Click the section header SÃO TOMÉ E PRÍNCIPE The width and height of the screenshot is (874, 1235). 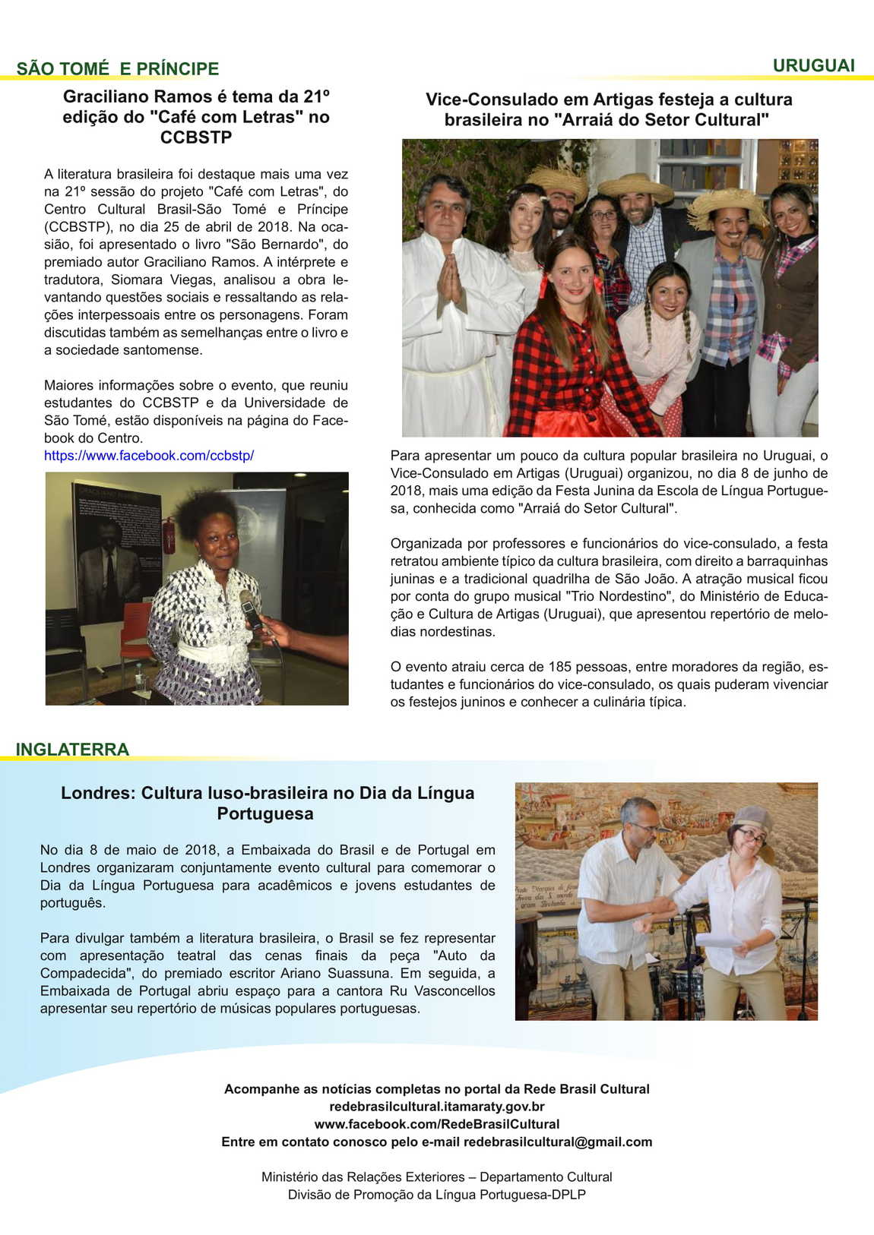(x=118, y=68)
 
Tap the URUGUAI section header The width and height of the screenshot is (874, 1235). (x=813, y=65)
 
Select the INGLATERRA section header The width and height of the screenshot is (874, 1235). (x=72, y=749)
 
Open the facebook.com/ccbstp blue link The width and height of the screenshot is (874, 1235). (x=149, y=456)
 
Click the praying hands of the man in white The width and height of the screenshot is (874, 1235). (x=450, y=280)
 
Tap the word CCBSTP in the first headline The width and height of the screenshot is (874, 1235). (x=196, y=137)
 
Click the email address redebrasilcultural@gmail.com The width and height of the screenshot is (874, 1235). (x=558, y=1142)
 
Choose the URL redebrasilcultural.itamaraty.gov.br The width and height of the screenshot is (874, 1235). (x=437, y=1107)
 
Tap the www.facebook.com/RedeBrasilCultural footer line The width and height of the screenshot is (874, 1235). (x=437, y=1124)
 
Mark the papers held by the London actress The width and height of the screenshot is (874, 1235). (x=718, y=940)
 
